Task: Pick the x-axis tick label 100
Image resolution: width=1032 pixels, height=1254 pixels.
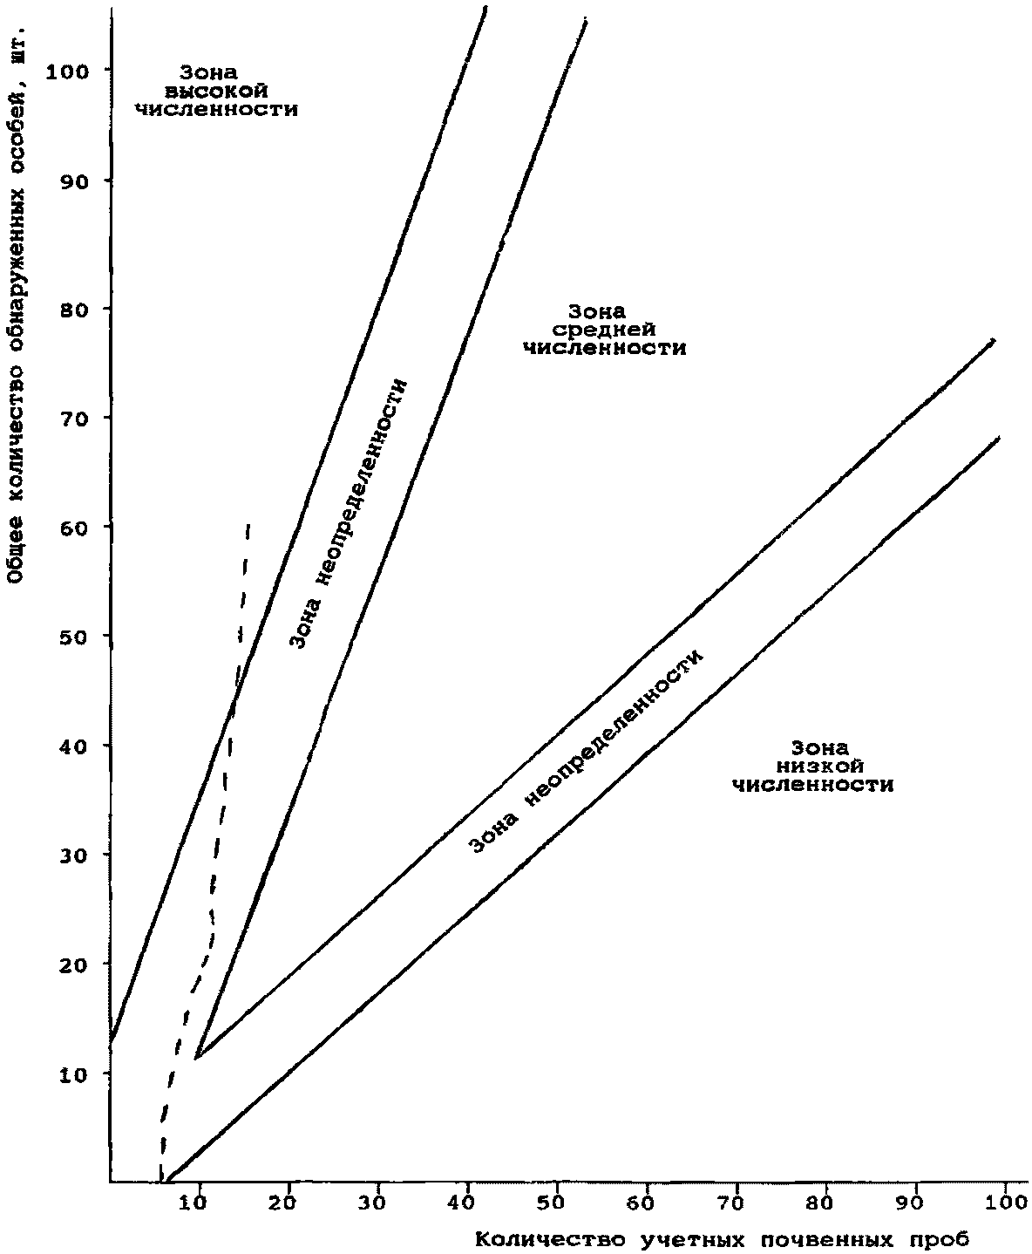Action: [1007, 1203]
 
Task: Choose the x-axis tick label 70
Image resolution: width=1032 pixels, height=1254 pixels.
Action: [737, 1203]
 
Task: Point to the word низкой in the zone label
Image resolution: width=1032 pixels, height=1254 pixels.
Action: [814, 766]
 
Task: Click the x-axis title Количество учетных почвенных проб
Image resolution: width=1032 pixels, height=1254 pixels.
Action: [723, 1238]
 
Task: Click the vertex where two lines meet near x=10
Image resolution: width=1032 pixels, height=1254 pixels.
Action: [197, 1057]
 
